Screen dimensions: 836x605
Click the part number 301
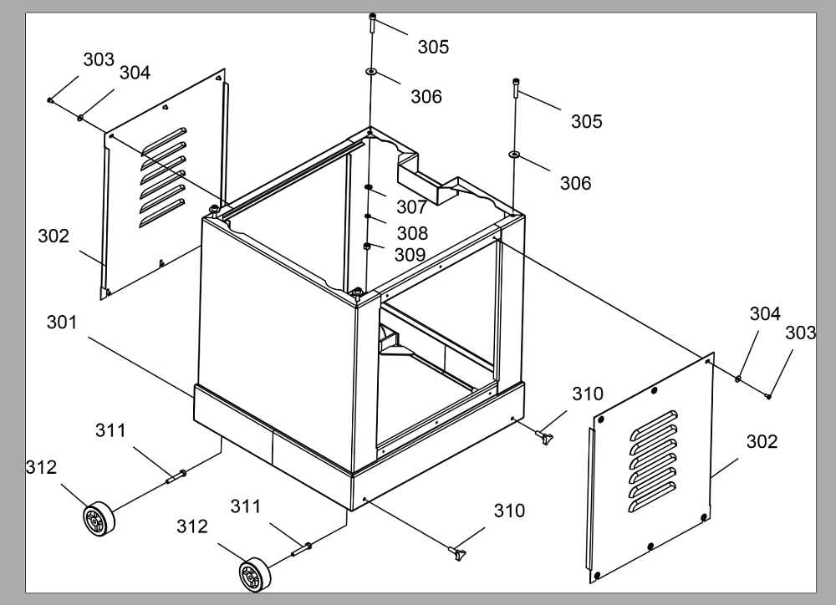point(62,322)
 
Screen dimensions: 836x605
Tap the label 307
point(411,206)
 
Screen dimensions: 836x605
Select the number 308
point(412,233)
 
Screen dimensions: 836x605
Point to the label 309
point(410,254)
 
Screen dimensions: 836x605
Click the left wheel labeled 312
point(99,519)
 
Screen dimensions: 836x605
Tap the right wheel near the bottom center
point(254,575)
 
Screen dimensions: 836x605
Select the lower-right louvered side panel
point(651,467)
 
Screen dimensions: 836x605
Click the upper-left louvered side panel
point(163,184)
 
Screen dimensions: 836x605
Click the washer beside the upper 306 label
point(372,71)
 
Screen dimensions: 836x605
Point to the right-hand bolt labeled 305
point(516,88)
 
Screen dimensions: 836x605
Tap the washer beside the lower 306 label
point(515,155)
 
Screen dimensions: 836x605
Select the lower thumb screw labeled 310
point(457,553)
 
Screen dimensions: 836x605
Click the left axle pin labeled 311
point(176,476)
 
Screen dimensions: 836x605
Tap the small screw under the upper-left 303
point(50,99)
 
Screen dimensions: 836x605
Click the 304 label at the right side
point(765,313)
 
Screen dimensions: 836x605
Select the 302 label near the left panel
point(54,236)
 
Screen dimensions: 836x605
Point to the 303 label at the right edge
point(801,333)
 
